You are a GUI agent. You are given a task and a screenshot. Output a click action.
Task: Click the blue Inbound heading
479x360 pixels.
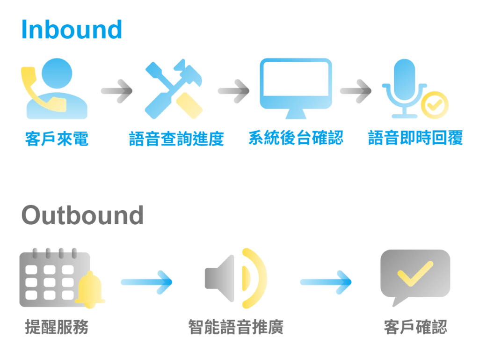(x=72, y=30)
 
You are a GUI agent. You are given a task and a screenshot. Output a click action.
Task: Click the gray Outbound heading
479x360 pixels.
(x=82, y=213)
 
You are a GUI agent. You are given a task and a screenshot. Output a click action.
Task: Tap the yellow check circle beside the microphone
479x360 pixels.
(x=435, y=104)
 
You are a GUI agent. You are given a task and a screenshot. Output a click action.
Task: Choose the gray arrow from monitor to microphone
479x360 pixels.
(x=355, y=88)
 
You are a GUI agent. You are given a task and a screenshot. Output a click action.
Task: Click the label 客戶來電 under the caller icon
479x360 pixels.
(x=57, y=139)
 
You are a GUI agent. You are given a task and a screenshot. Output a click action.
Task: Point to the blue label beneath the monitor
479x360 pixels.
(x=295, y=139)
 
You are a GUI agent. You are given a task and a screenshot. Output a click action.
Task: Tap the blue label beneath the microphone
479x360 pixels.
(x=414, y=139)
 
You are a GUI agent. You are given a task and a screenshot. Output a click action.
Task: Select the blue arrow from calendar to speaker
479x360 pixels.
(x=147, y=282)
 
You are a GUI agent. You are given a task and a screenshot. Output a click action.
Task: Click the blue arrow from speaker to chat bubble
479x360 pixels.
(x=326, y=281)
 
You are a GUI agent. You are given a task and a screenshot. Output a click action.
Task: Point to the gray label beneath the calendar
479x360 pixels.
(x=56, y=327)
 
